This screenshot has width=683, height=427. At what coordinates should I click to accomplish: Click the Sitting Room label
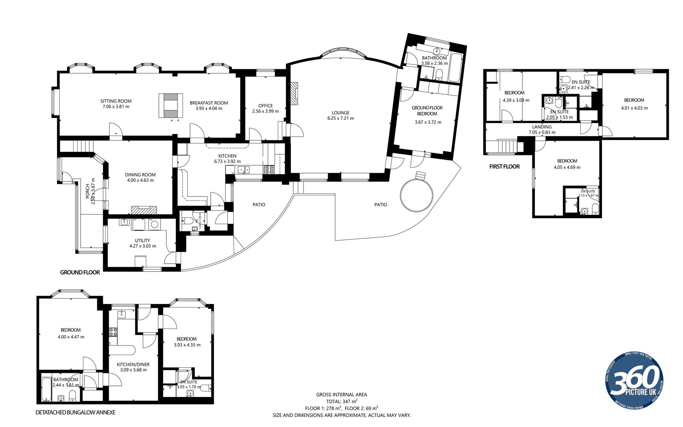[x=116, y=101]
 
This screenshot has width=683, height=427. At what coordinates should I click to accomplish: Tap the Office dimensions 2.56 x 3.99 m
[x=265, y=111]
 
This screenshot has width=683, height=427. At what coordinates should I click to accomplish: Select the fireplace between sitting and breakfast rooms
[x=171, y=105]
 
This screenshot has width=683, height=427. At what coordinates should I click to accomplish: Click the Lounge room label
[x=340, y=113]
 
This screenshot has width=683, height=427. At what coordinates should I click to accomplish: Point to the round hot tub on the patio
[x=416, y=195]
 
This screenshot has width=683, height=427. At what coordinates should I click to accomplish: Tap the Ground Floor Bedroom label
[x=427, y=111]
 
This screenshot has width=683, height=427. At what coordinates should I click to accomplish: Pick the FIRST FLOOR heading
[x=504, y=167]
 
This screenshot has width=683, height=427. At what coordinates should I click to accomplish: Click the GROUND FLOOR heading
[x=80, y=272]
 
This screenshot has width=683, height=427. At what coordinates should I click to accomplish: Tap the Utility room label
[x=142, y=240]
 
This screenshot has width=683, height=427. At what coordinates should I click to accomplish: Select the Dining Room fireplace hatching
[x=144, y=210]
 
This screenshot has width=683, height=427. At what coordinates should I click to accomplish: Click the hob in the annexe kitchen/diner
[x=113, y=332]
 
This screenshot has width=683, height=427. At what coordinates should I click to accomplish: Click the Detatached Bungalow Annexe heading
[x=75, y=412]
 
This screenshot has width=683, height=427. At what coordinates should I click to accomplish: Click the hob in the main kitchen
[x=270, y=170]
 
